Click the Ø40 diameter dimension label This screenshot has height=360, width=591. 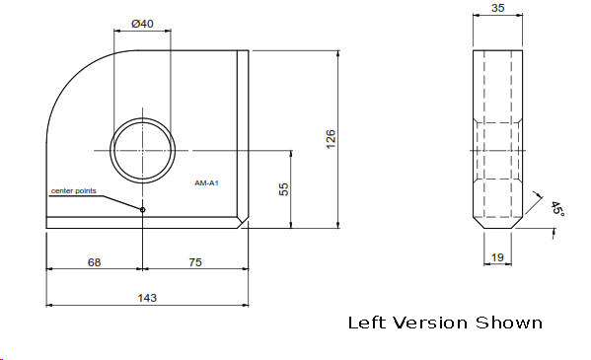(x=142, y=24)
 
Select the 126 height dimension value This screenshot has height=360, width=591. (x=331, y=139)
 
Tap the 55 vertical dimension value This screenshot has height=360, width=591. (x=284, y=189)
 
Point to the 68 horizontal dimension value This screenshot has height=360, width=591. (x=95, y=262)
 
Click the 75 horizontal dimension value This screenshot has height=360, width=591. (x=195, y=262)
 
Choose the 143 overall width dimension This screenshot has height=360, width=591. (x=147, y=298)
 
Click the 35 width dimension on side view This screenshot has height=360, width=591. (x=498, y=8)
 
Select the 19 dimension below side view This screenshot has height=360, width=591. (x=497, y=257)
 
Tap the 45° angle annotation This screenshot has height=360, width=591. (x=557, y=208)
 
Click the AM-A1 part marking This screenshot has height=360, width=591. (x=206, y=183)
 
